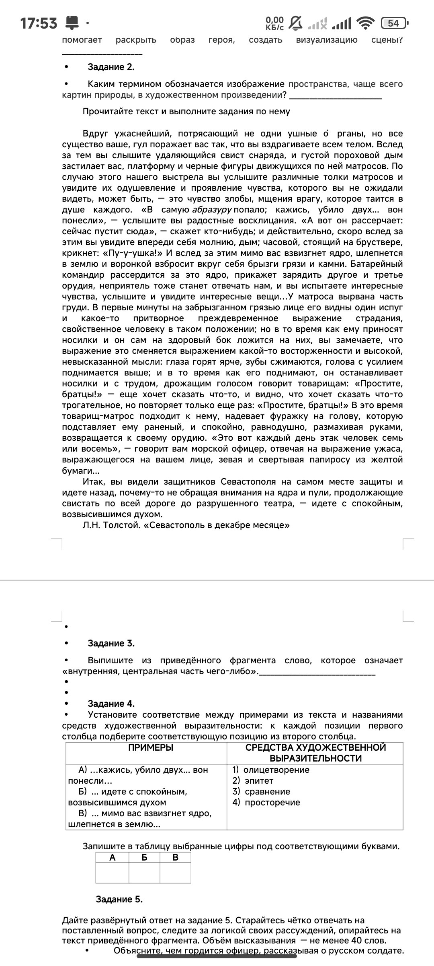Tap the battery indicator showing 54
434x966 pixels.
[x=394, y=23]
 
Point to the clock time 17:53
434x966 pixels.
[x=39, y=23]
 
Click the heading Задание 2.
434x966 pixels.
[x=111, y=67]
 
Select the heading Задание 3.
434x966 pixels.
[x=111, y=643]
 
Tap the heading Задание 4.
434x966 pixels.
[x=111, y=704]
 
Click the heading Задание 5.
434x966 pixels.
[x=119, y=899]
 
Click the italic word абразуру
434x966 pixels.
[x=212, y=210]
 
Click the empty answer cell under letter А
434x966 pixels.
[x=112, y=874]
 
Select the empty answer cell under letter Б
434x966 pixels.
[x=144, y=874]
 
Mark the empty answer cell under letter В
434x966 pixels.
[x=175, y=874]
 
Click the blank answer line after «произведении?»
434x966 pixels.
[x=336, y=97]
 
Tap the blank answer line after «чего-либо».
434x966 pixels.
[x=317, y=673]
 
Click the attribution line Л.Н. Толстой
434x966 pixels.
[x=186, y=525]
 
